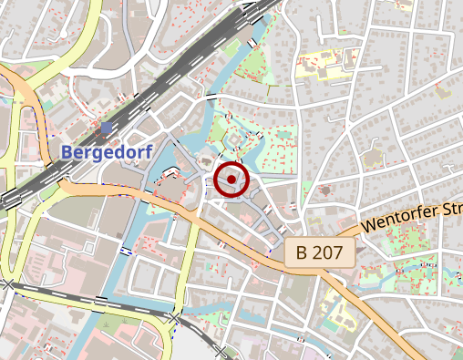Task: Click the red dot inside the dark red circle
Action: coord(231,179)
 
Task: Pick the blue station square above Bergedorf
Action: coord(109,128)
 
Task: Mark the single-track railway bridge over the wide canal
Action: coord(100,301)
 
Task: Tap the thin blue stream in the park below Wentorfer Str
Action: coord(401,272)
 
